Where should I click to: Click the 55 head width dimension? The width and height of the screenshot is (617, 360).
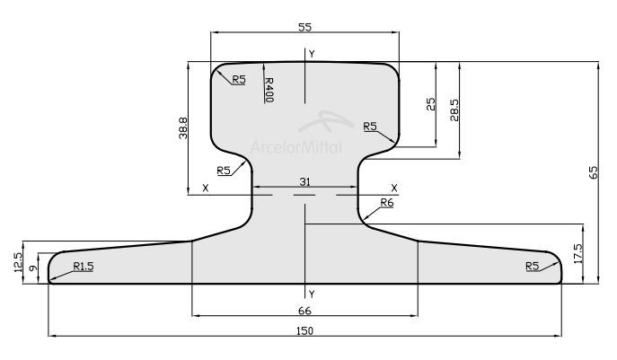tap(305, 27)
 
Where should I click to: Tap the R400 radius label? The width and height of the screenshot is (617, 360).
tap(269, 89)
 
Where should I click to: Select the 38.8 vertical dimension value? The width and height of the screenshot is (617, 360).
tap(183, 127)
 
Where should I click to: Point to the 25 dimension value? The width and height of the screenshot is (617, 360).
tap(431, 104)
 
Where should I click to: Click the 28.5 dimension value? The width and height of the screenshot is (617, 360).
tap(454, 110)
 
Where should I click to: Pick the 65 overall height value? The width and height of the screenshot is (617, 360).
tap(593, 172)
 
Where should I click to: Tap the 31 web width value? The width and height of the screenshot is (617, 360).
tap(305, 181)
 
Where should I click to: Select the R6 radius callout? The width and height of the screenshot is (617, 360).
tap(387, 203)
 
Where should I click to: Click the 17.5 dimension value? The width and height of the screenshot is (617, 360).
tap(578, 253)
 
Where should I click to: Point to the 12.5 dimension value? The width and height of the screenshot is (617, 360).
tap(18, 262)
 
